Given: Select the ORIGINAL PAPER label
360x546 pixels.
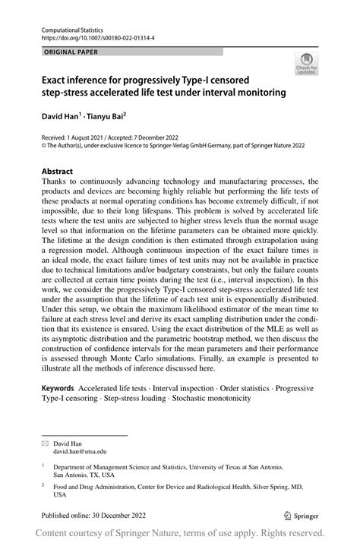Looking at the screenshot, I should coord(69,52).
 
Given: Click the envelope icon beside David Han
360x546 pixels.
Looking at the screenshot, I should coord(45,441).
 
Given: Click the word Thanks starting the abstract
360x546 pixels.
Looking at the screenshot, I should coord(58,183).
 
